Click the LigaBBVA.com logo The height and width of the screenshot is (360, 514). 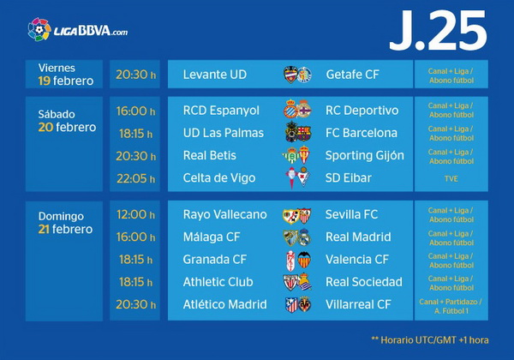click(78, 30)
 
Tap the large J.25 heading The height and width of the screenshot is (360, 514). click(438, 31)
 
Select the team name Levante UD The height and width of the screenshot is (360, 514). click(215, 75)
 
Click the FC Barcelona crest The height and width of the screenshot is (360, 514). click(304, 134)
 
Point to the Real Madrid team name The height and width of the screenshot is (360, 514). click(358, 237)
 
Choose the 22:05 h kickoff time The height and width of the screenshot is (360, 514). click(135, 178)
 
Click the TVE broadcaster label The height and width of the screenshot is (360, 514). click(451, 178)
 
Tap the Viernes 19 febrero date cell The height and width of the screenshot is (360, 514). click(64, 74)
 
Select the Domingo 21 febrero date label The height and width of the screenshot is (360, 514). click(66, 223)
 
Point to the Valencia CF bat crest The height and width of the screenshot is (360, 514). click(304, 260)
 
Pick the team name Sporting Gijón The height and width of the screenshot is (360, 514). click(365, 155)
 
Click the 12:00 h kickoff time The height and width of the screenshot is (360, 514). click(135, 215)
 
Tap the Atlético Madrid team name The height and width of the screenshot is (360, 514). click(224, 304)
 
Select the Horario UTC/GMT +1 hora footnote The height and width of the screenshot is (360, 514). click(430, 340)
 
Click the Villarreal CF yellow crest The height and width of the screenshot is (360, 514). click(304, 304)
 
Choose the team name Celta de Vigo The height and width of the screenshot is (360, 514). click(219, 177)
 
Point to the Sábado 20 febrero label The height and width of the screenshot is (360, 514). click(67, 121)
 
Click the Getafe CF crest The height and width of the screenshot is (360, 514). click(304, 75)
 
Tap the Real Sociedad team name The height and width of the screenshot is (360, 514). click(364, 282)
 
